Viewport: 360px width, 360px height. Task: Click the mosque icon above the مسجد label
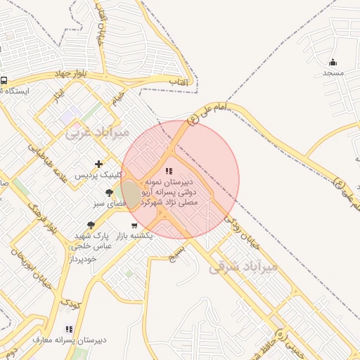point(333,62)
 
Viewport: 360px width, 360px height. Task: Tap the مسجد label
point(333,73)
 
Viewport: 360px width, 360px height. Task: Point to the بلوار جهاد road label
point(70,74)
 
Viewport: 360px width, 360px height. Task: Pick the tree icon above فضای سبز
point(109,192)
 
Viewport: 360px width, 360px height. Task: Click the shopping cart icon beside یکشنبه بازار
point(134,225)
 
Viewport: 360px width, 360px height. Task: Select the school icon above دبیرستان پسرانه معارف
point(68,328)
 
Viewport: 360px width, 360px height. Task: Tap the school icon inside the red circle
point(168,171)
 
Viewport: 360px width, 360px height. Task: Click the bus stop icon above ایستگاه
point(4,81)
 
